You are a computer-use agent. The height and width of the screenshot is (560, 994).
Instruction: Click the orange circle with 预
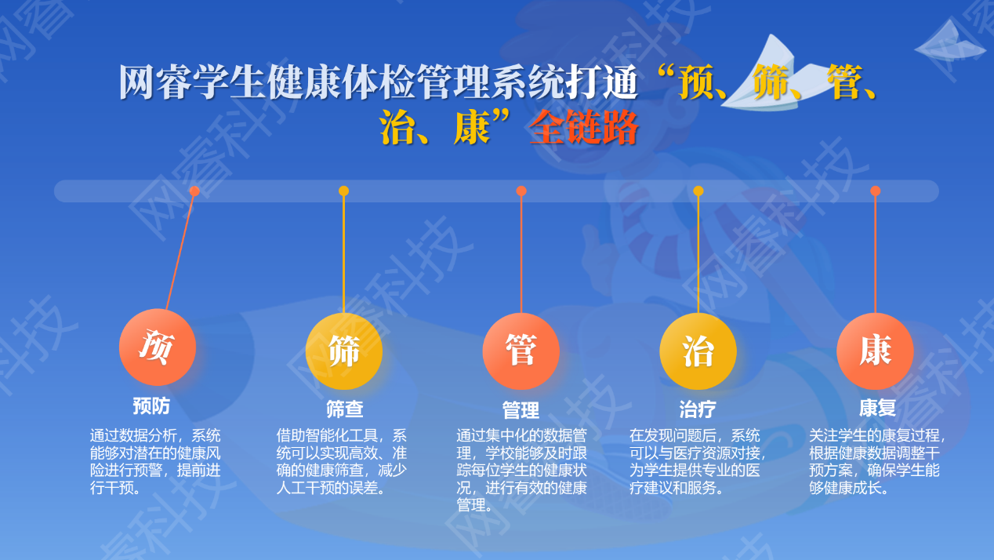click(158, 347)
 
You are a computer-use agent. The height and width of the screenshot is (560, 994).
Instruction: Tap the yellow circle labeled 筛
click(344, 351)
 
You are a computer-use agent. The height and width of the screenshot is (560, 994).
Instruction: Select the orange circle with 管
click(521, 351)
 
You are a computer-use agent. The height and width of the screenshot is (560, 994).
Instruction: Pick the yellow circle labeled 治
click(698, 351)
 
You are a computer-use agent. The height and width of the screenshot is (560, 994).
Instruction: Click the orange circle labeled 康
click(875, 351)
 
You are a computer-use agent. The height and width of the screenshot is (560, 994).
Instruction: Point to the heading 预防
click(151, 406)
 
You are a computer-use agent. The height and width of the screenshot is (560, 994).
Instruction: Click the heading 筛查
click(345, 409)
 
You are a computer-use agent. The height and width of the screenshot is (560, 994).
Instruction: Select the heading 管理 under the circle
click(521, 410)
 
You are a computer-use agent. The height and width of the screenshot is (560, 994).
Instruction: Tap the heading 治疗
click(698, 409)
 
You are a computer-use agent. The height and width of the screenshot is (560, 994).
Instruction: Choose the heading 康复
click(877, 408)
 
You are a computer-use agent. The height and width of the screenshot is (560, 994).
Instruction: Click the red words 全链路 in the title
click(583, 128)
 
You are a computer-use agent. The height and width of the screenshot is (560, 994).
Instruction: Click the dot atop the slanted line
click(194, 191)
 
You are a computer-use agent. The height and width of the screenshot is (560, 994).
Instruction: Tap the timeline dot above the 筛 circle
click(343, 191)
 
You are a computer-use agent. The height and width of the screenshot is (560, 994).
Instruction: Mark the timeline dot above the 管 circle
click(521, 191)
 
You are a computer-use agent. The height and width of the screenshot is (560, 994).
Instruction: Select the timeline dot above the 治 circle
click(698, 191)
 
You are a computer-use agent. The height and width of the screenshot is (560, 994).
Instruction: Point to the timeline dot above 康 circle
click(875, 191)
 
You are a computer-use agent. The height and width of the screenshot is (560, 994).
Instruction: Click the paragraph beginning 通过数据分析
click(155, 461)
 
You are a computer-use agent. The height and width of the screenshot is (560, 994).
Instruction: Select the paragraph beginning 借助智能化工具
click(341, 461)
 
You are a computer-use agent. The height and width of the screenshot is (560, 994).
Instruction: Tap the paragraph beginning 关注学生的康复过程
click(877, 461)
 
